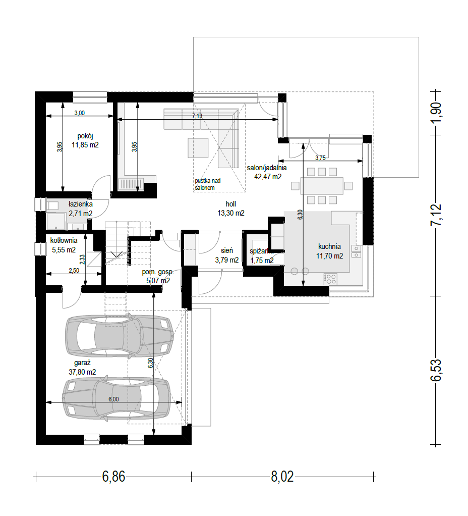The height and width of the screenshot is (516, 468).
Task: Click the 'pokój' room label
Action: point(85,136)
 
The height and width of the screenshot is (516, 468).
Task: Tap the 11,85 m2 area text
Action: point(85,145)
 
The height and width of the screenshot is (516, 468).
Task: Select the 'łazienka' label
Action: point(81,204)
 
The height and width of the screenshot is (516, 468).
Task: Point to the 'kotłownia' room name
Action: point(64,240)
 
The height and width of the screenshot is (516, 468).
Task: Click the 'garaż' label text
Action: point(82,363)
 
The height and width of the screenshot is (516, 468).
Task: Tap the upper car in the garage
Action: point(120,336)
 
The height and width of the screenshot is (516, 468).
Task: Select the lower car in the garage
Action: point(116,399)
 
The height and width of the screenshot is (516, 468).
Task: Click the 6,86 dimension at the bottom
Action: point(113,477)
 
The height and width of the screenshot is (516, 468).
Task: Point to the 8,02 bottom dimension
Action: point(282,477)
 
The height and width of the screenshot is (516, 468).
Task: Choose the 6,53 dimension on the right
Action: point(436,370)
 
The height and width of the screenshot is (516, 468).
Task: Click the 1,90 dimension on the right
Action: point(436,113)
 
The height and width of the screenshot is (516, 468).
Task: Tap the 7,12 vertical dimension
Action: point(436,215)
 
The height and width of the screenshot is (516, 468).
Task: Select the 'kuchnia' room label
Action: point(329,246)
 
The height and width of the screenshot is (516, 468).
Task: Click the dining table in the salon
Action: point(322,186)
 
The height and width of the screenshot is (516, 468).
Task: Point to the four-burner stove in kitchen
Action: point(331,279)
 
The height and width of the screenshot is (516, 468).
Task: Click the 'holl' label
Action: point(230,204)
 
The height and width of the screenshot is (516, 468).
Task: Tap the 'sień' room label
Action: point(227,251)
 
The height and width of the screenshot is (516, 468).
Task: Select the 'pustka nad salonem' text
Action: point(208,184)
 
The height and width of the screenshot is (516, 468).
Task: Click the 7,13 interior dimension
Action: point(197,116)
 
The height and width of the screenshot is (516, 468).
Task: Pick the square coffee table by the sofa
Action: point(198,148)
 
